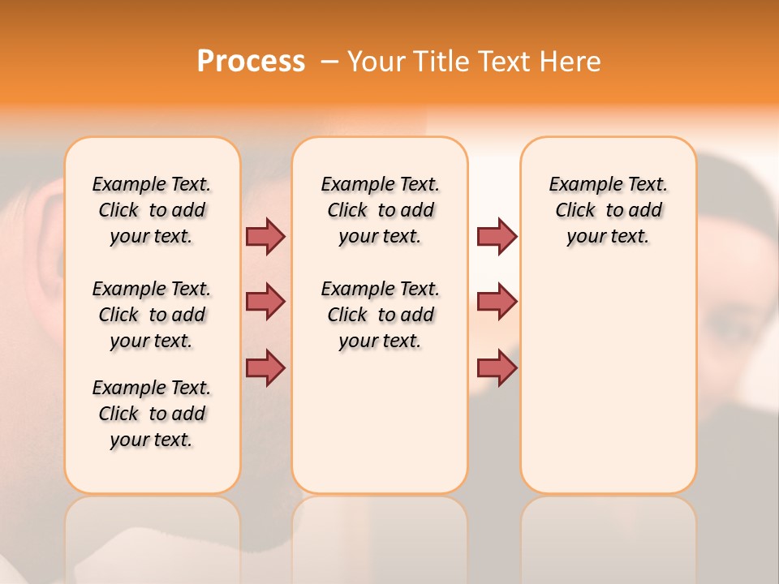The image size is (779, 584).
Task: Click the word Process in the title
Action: [x=251, y=62]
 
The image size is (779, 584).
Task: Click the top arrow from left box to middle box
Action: [x=265, y=236]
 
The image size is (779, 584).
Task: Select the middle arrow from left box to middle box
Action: [x=265, y=302]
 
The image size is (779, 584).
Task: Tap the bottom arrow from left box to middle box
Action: [x=265, y=367]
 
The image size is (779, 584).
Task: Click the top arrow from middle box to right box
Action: [x=497, y=236]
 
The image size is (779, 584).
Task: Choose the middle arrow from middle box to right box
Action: [x=497, y=302]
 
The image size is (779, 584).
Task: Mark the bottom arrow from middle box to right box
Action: [x=497, y=367]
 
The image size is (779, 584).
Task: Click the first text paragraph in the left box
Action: [x=152, y=210]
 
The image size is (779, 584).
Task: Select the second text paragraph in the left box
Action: [x=152, y=315]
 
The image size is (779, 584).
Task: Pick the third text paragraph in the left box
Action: [x=152, y=414]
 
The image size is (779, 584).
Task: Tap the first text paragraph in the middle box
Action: [x=380, y=210]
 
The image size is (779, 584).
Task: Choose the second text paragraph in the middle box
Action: [x=380, y=315]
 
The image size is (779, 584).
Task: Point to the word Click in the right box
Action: [x=575, y=211]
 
